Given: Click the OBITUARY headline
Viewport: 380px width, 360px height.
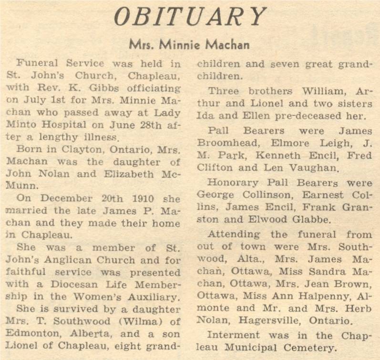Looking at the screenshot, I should [190, 18].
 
